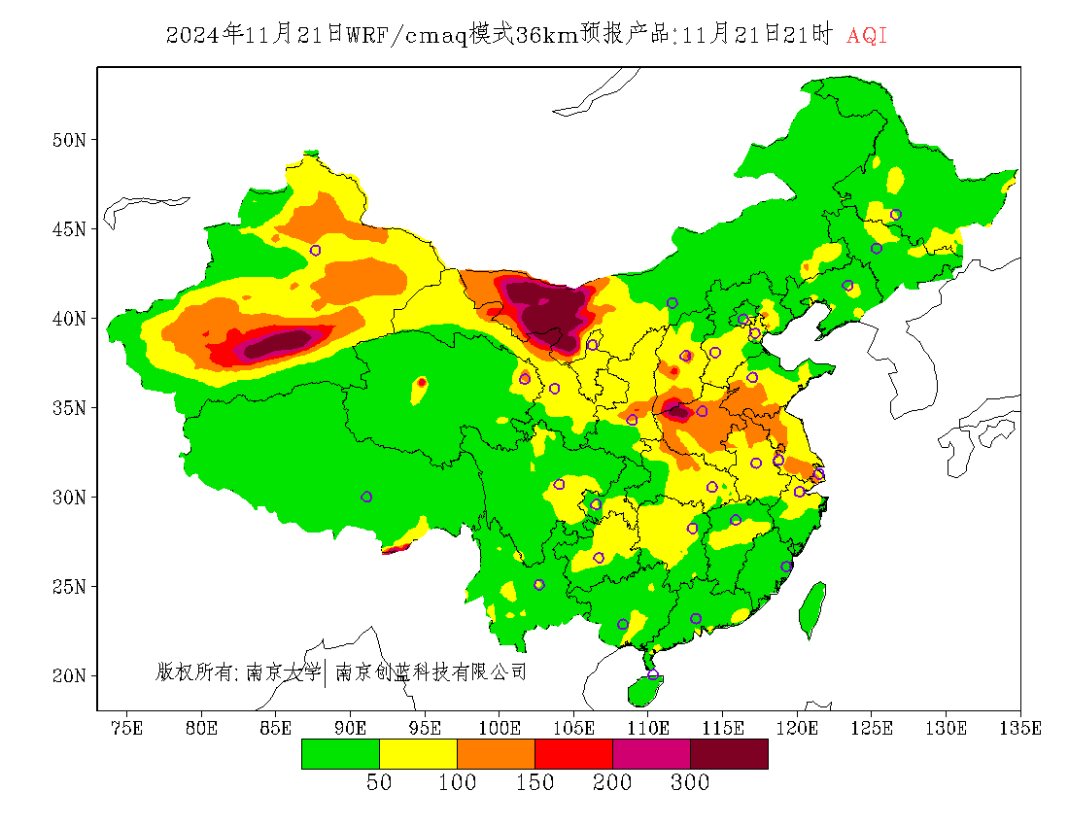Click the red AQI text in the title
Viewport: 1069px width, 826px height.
867,36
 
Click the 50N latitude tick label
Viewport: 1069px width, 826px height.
69,140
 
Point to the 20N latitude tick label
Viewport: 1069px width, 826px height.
69,675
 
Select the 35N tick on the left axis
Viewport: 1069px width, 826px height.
69,408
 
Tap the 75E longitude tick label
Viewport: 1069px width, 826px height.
126,728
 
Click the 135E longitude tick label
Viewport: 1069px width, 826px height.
1021,728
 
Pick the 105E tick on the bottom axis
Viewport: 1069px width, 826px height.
573,728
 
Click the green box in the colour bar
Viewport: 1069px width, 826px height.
340,754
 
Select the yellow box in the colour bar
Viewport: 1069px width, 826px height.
418,754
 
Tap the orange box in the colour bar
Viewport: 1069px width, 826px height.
496,754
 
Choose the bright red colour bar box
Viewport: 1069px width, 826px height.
573,754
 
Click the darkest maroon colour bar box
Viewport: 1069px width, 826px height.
729,754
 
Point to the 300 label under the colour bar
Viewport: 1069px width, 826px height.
690,783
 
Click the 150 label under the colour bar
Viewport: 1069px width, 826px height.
534,783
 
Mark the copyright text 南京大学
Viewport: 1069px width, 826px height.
283,671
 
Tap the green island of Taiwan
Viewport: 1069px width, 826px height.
813,607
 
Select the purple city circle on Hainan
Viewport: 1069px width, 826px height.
652,674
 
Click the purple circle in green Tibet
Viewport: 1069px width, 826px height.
366,497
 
